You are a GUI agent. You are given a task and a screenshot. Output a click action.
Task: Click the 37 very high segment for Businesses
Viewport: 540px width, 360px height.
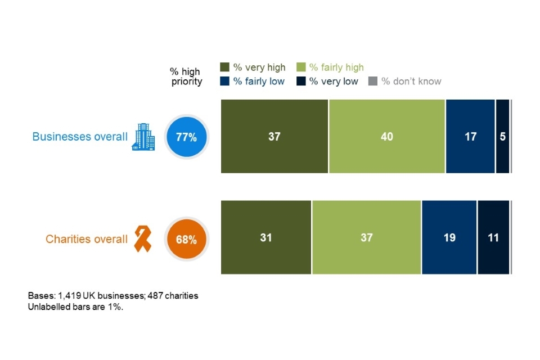274,136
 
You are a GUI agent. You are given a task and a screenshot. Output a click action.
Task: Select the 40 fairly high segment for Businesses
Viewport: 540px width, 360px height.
386,136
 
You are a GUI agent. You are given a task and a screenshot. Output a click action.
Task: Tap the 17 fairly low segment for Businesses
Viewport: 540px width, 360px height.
470,136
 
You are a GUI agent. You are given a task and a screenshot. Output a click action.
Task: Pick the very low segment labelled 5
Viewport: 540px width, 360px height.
502,136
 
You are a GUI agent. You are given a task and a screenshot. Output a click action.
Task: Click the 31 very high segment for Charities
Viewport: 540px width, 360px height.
265,237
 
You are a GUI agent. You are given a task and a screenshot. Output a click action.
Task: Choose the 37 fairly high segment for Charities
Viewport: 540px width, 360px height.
366,237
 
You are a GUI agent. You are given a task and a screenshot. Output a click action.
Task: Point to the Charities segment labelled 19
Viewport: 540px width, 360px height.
449,237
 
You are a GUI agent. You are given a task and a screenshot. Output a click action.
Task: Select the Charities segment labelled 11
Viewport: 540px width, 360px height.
493,237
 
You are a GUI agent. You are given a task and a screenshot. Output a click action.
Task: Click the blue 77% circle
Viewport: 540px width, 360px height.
187,137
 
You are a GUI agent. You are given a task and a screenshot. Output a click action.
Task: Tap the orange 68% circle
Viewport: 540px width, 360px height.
187,239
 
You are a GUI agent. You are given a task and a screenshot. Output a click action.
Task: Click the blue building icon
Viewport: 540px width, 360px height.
143,137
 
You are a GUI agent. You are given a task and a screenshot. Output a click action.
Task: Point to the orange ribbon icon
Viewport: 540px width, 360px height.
142,238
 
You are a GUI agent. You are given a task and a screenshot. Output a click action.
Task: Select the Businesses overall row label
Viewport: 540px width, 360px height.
80,137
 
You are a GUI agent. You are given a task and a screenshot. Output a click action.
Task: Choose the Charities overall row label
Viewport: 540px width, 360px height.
87,239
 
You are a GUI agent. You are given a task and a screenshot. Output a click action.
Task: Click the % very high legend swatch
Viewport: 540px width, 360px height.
224,67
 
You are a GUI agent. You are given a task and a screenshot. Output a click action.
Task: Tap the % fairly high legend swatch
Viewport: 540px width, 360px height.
301,67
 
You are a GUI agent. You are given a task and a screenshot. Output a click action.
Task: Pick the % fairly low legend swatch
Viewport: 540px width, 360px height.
224,81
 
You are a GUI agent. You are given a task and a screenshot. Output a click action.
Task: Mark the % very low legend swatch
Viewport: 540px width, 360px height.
301,81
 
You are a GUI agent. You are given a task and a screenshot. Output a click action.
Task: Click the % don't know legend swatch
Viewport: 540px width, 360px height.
372,81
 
